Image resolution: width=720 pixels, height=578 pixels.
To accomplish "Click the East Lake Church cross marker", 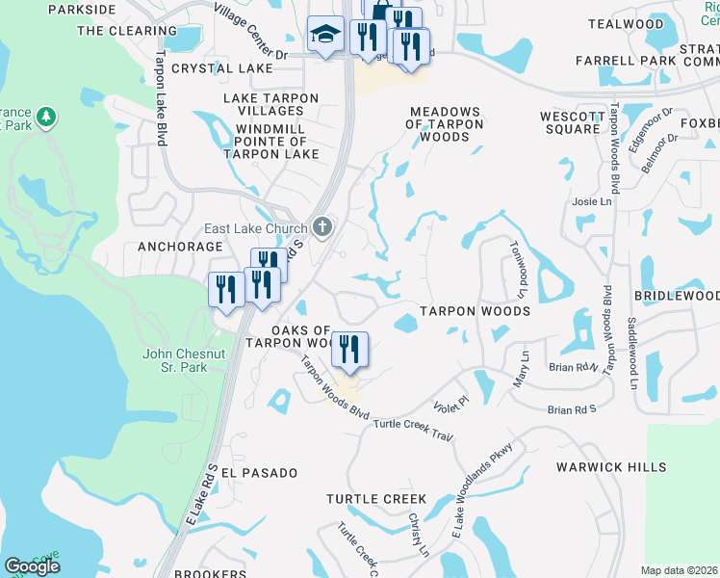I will coord(322,228).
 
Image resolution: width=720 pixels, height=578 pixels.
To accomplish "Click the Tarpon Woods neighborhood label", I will coord(475,311).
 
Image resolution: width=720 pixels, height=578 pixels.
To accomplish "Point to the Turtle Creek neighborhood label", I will coord(375,498).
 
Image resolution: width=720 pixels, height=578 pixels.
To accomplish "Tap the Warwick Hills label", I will coord(611,467).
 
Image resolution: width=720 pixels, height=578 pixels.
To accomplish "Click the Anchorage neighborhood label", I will coord(180,247).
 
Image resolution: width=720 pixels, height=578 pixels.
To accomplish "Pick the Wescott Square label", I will coord(571,122).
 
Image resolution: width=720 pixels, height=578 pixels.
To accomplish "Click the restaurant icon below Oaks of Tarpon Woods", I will coord(349,349).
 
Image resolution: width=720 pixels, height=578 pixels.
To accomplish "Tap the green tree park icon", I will coord(45,118).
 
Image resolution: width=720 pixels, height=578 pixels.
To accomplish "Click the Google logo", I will coord(32,566).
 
